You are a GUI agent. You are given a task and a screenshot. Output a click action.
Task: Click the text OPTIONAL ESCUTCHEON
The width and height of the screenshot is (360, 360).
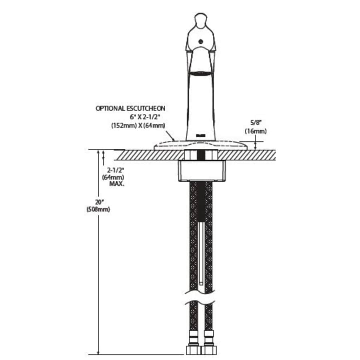(x=130, y=108)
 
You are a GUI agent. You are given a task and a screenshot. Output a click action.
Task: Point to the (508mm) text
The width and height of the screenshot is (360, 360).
(x=98, y=209)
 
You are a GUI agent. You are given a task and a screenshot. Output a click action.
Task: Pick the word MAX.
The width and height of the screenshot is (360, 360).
(x=117, y=184)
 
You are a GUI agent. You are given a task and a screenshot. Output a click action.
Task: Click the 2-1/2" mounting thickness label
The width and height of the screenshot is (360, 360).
(x=116, y=170)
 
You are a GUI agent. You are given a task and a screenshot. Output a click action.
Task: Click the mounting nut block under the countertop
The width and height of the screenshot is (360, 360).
(x=202, y=170)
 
